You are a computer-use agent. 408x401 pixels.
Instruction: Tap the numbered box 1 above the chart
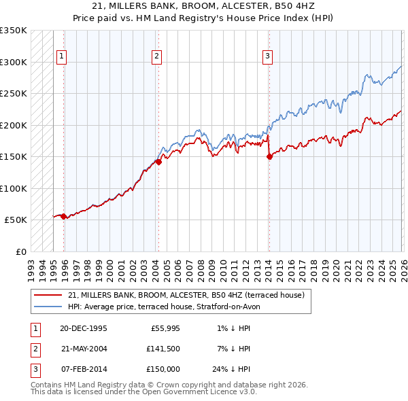point(61,56)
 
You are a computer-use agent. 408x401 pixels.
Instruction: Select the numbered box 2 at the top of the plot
point(156,56)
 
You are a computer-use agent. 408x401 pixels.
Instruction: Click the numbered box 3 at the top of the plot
point(267,56)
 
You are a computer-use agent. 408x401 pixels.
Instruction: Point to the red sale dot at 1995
point(63,216)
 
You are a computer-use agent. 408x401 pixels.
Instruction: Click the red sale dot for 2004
point(158,162)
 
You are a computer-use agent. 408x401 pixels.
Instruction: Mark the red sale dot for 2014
point(269,156)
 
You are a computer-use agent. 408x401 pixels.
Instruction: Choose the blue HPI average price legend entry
point(163,307)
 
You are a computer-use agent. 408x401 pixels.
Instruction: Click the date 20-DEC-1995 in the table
point(83,328)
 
